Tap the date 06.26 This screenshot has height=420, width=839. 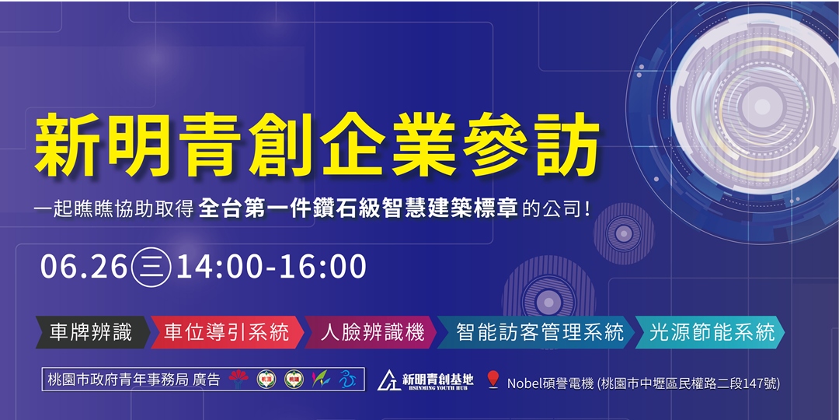(x=84, y=267)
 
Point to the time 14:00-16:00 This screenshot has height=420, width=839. (x=271, y=267)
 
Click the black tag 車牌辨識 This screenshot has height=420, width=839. (x=91, y=333)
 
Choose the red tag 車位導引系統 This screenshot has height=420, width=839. (x=226, y=333)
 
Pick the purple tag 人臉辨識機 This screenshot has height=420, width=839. (x=373, y=333)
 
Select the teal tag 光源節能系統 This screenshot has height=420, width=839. (x=712, y=333)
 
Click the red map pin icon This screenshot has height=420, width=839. (x=492, y=381)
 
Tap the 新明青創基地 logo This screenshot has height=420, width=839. (x=426, y=380)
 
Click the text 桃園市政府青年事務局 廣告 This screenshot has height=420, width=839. (x=133, y=380)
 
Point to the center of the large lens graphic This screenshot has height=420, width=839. (x=757, y=106)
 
